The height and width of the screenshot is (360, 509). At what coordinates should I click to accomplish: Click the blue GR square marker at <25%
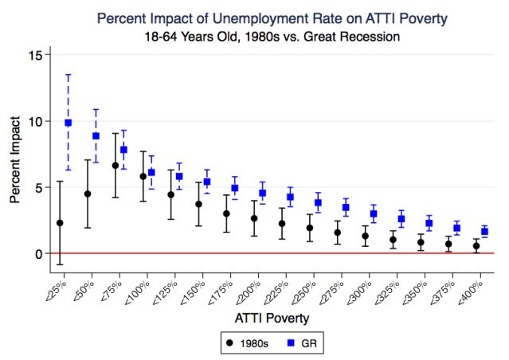pos(69,123)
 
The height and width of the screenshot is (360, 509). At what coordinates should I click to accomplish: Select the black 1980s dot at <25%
pos(60,223)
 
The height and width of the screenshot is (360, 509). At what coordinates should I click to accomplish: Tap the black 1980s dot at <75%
pos(116,166)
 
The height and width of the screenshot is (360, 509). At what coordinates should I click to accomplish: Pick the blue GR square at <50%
pos(96,136)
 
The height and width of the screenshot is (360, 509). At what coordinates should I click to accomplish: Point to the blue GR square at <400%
pos(484,232)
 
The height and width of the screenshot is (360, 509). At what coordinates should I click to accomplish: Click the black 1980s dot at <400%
pos(476,246)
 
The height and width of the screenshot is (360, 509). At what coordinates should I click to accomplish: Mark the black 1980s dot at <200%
pos(254,218)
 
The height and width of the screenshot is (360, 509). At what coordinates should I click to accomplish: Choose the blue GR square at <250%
pos(318,202)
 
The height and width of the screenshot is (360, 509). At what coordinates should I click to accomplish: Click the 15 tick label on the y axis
pos(34,55)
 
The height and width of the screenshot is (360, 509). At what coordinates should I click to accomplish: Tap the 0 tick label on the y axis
pos(37,253)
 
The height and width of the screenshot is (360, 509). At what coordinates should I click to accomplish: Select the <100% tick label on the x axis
pos(136,283)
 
